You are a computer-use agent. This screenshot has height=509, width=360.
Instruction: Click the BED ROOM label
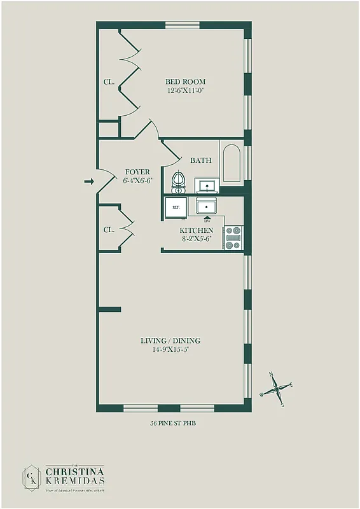(x=185, y=81)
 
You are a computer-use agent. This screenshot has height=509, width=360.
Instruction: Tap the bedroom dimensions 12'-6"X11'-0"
(x=185, y=91)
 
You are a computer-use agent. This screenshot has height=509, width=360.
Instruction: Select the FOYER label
(x=137, y=172)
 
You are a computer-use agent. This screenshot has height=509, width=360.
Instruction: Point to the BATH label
(x=200, y=160)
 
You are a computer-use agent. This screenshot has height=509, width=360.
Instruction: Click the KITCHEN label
(x=196, y=230)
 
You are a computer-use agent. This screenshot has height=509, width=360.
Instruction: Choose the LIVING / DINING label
(x=170, y=341)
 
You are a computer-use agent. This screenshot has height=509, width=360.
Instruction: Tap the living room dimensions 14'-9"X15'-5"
(x=170, y=349)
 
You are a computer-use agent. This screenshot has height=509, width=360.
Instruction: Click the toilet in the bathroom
(x=179, y=181)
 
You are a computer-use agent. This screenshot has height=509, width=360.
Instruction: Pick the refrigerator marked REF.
(x=174, y=207)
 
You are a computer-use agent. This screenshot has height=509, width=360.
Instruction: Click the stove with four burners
(x=233, y=237)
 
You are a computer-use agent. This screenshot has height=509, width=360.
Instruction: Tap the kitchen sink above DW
(x=207, y=207)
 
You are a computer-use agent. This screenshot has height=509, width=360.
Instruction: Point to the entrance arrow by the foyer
(x=89, y=182)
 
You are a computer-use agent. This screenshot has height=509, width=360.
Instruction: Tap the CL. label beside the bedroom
(x=109, y=82)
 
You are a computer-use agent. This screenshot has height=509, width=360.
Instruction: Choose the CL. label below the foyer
(x=109, y=230)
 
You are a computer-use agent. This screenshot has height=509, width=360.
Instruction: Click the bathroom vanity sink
(x=207, y=186)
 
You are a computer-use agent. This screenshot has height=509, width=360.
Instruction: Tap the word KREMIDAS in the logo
(x=74, y=481)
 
